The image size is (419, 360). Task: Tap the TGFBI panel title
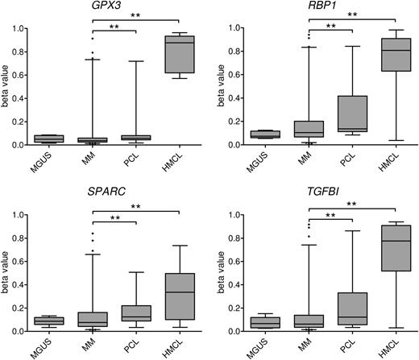pos(328,193)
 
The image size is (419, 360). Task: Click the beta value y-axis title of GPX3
pos(9,87)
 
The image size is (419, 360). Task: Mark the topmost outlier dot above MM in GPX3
pos(91,38)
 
